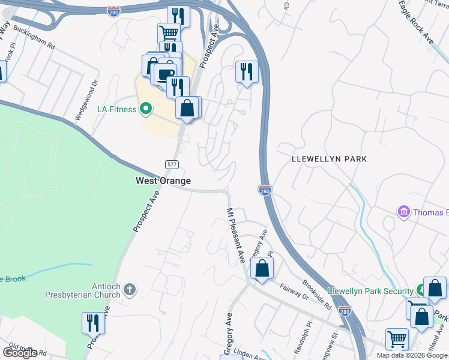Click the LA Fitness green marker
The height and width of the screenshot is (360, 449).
click(145, 109)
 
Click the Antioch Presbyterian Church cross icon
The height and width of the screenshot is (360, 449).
click(130, 291)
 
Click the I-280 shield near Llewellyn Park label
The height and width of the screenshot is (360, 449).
click(265, 190)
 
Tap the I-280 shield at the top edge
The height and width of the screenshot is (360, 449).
click(113, 11)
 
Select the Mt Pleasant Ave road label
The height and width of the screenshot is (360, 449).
click(235, 236)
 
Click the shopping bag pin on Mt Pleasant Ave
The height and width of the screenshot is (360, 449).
click(262, 269)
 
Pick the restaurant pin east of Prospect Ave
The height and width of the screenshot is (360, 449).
click(247, 73)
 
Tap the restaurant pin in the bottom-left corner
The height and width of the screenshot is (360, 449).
click(93, 323)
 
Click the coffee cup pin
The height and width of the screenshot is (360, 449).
click(164, 74)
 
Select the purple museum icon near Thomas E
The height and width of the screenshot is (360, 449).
click(403, 212)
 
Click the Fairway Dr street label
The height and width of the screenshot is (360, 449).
click(294, 292)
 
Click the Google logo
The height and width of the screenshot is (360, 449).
click(20, 353)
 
